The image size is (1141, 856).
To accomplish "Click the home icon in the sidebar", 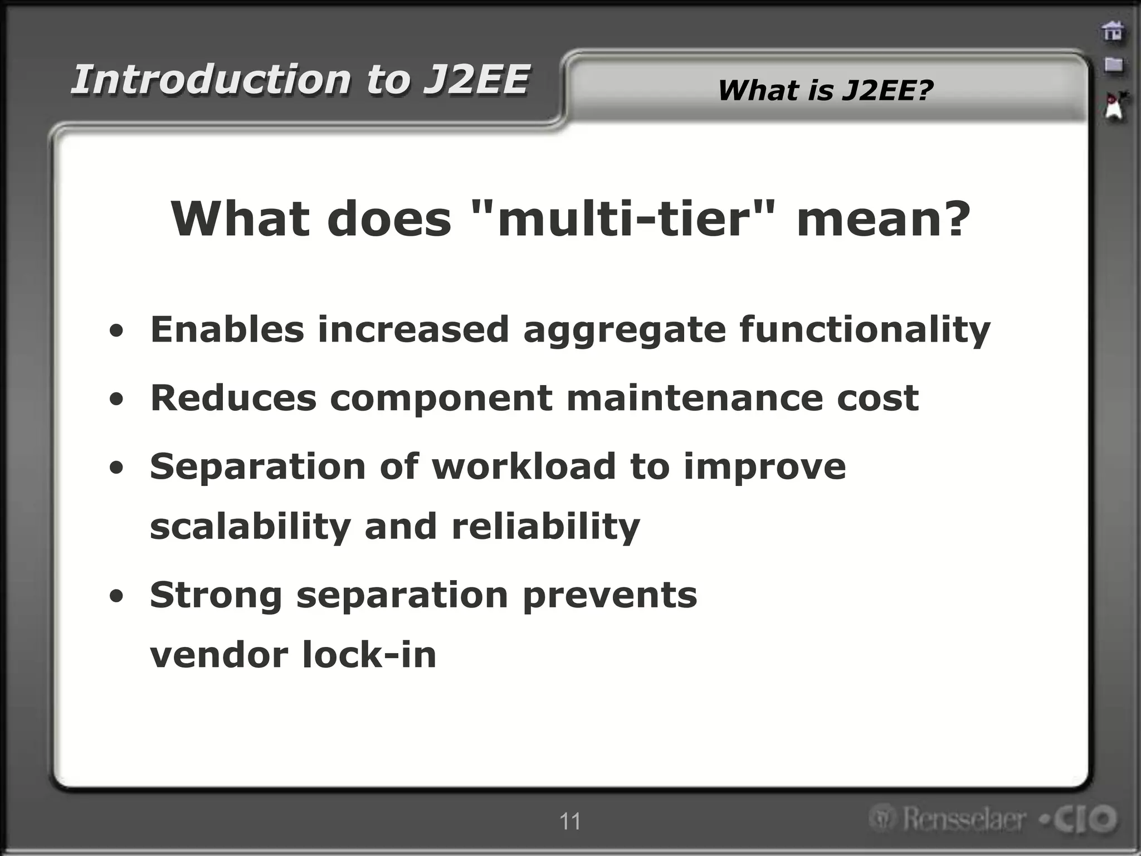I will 1113,31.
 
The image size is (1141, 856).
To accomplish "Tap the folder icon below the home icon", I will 1113,65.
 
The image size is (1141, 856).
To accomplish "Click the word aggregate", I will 625,330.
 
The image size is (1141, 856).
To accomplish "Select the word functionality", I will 865,330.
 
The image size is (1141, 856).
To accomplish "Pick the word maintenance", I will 694,398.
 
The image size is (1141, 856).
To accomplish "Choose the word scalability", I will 250,527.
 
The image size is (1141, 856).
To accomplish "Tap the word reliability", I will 545,527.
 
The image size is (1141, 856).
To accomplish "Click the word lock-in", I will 369,655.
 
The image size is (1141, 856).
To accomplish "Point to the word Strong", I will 216,595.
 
